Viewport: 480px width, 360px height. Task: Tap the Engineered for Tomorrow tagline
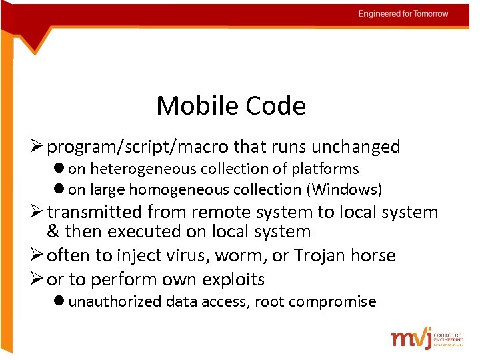point(403,13)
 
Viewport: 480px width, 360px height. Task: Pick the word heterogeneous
point(140,169)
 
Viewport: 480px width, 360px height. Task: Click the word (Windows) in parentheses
point(344,190)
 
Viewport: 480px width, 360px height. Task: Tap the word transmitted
point(95,213)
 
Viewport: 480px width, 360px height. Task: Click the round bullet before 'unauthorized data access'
point(59,301)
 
